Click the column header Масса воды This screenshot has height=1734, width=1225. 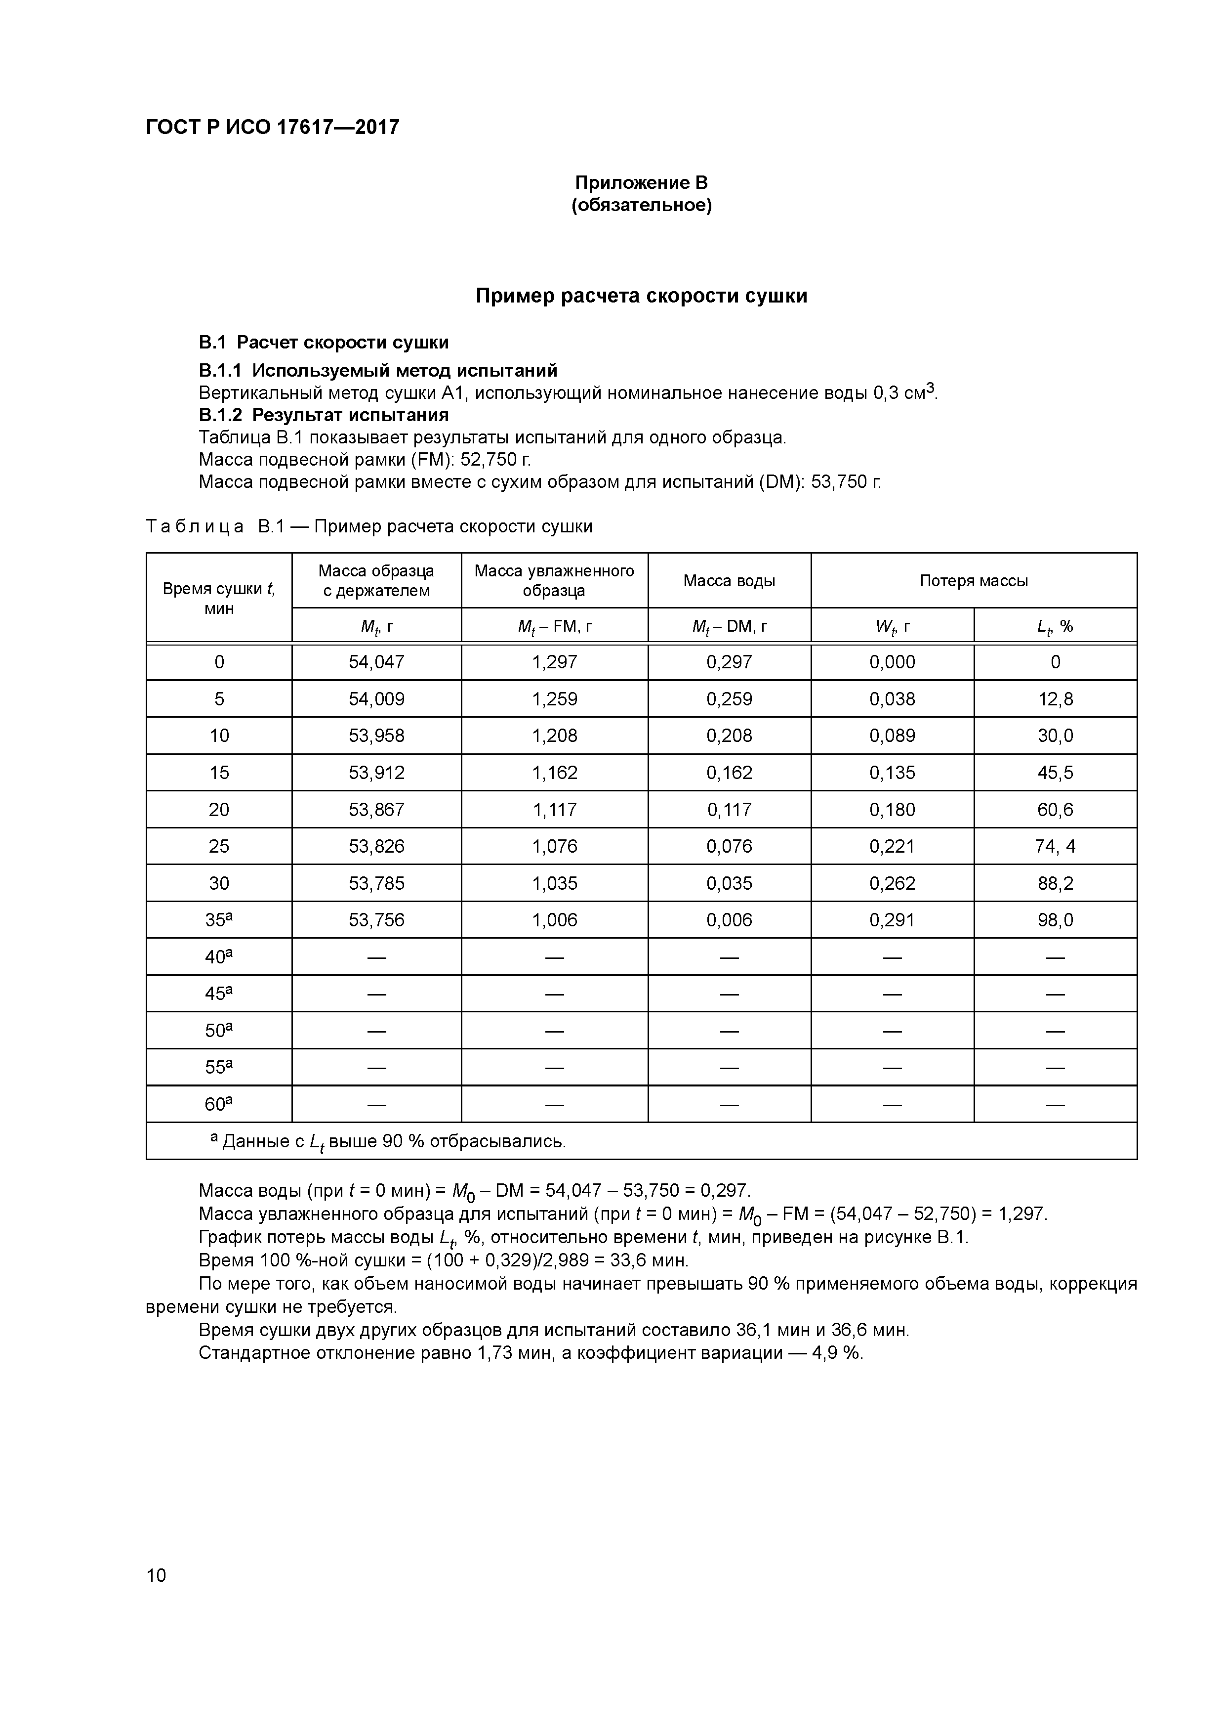pyautogui.click(x=729, y=581)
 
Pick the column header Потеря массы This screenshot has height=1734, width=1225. pyautogui.click(x=973, y=581)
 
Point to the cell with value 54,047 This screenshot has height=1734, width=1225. pyautogui.click(x=376, y=662)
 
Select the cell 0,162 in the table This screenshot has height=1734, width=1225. pyautogui.click(x=729, y=773)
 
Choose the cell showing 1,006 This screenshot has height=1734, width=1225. pyautogui.click(x=554, y=920)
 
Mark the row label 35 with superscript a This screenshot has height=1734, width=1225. pyautogui.click(x=219, y=920)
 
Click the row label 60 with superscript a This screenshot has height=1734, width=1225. pyautogui.click(x=219, y=1104)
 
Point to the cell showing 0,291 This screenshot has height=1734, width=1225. pyautogui.click(x=892, y=920)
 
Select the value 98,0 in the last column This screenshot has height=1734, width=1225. pyautogui.click(x=1055, y=920)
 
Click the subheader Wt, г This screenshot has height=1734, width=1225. pyautogui.click(x=892, y=626)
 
